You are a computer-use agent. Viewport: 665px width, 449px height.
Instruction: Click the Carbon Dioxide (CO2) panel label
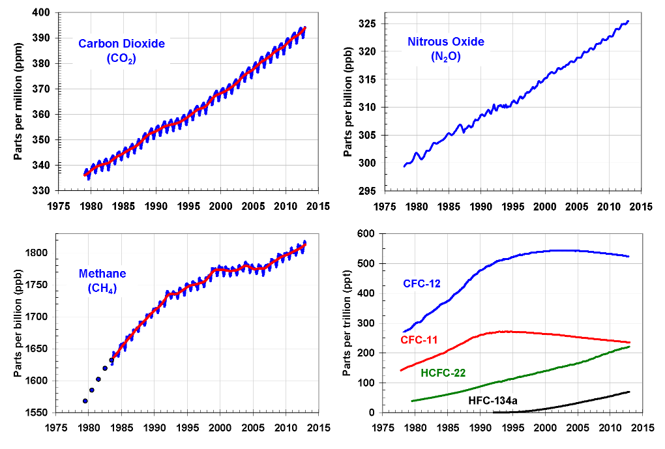tap(121, 51)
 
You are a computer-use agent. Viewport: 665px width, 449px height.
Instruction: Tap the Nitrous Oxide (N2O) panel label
tap(446, 49)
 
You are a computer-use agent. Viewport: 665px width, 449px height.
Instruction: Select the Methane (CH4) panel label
tap(103, 281)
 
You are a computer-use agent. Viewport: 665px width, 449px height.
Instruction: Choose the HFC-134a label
tap(493, 400)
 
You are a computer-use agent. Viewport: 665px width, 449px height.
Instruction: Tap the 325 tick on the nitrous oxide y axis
tap(368, 24)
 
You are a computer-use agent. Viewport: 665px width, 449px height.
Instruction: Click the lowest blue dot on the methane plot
tap(85, 401)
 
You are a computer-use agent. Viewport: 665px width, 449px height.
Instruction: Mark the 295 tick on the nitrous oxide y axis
tap(368, 191)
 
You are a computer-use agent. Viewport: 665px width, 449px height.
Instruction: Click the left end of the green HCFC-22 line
tap(412, 401)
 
